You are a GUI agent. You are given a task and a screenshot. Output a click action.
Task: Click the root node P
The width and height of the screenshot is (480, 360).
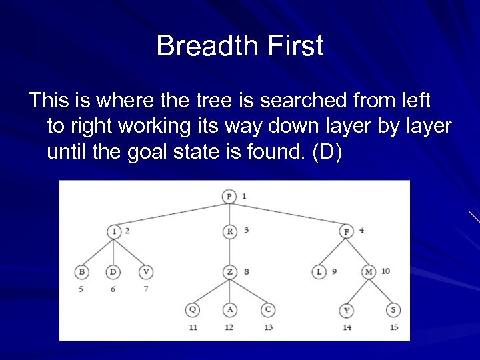pyautogui.click(x=229, y=196)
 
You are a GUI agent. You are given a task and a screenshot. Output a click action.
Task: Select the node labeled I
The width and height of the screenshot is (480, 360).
pyautogui.click(x=113, y=231)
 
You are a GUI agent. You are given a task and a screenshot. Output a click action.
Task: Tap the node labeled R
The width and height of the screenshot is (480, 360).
pyautogui.click(x=229, y=231)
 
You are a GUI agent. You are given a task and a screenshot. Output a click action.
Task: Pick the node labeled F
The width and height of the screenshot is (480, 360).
pyautogui.click(x=346, y=231)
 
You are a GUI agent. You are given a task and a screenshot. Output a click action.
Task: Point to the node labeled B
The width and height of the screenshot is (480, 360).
pyautogui.click(x=81, y=272)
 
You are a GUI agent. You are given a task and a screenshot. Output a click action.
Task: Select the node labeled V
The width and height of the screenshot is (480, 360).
pyautogui.click(x=146, y=272)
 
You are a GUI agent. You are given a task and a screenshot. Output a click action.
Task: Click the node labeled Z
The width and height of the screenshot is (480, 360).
pyautogui.click(x=229, y=272)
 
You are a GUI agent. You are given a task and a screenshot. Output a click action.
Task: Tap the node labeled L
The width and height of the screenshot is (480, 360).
pyautogui.click(x=319, y=272)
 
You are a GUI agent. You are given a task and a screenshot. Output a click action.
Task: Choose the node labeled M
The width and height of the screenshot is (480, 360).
pyautogui.click(x=369, y=272)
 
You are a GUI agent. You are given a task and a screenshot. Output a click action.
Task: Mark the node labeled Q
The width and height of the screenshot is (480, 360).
pyautogui.click(x=193, y=310)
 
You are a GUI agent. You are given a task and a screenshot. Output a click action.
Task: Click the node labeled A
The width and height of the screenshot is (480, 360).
pyautogui.click(x=229, y=310)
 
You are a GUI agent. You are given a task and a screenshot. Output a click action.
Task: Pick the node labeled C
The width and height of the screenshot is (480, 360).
pyautogui.click(x=267, y=310)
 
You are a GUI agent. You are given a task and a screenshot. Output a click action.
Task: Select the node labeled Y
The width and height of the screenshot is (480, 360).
pyautogui.click(x=346, y=311)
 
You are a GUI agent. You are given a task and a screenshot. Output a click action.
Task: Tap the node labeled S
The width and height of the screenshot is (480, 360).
pyautogui.click(x=393, y=311)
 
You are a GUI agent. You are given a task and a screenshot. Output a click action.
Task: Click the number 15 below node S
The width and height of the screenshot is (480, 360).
pyautogui.click(x=393, y=327)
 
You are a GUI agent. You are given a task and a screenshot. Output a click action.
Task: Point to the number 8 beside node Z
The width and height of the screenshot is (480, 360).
pyautogui.click(x=246, y=271)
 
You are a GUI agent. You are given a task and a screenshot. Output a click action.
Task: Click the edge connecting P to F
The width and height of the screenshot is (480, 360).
pyautogui.click(x=288, y=214)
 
